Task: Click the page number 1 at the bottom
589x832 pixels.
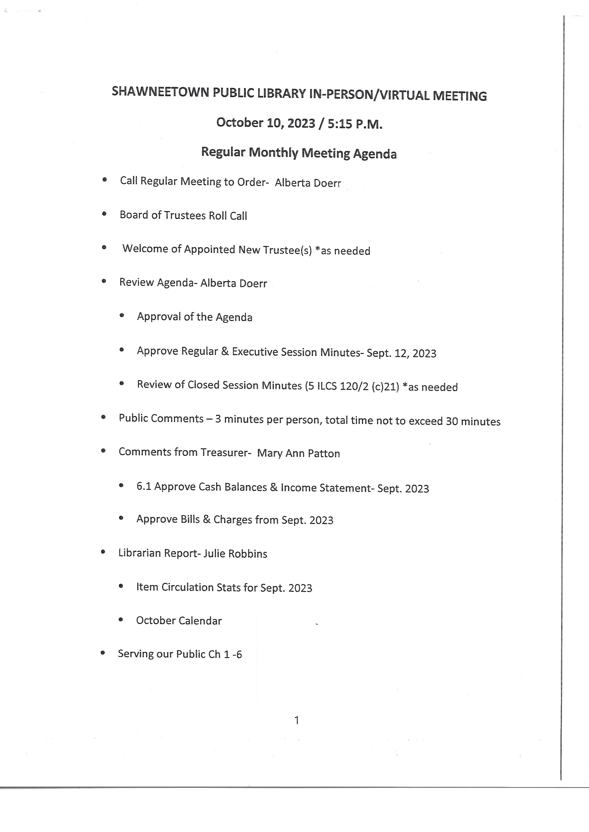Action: click(297, 720)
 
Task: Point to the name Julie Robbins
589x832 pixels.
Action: click(235, 553)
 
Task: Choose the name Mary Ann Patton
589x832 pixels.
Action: click(299, 454)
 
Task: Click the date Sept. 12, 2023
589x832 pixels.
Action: click(401, 353)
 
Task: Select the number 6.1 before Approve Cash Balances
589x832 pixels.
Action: click(144, 487)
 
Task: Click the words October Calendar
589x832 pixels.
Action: click(179, 621)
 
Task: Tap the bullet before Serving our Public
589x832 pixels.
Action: click(103, 653)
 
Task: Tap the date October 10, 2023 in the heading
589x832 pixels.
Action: click(266, 123)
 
